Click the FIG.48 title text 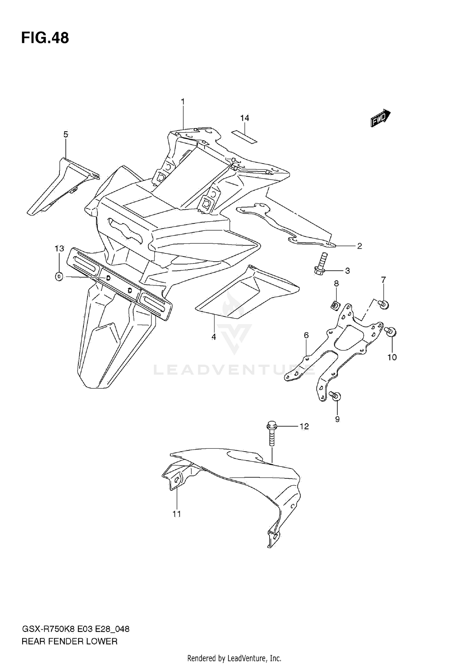pyautogui.click(x=45, y=38)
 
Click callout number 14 pyautogui.click(x=245, y=118)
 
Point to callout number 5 pyautogui.click(x=66, y=135)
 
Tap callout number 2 pyautogui.click(x=360, y=246)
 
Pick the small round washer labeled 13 pyautogui.click(x=59, y=276)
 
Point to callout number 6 pyautogui.click(x=306, y=335)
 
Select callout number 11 pyautogui.click(x=177, y=514)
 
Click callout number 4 pyautogui.click(x=214, y=337)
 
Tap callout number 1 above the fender pyautogui.click(x=183, y=102)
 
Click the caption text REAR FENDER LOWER pyautogui.click(x=69, y=642)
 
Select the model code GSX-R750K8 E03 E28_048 pyautogui.click(x=75, y=629)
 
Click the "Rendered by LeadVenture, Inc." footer pyautogui.click(x=234, y=658)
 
